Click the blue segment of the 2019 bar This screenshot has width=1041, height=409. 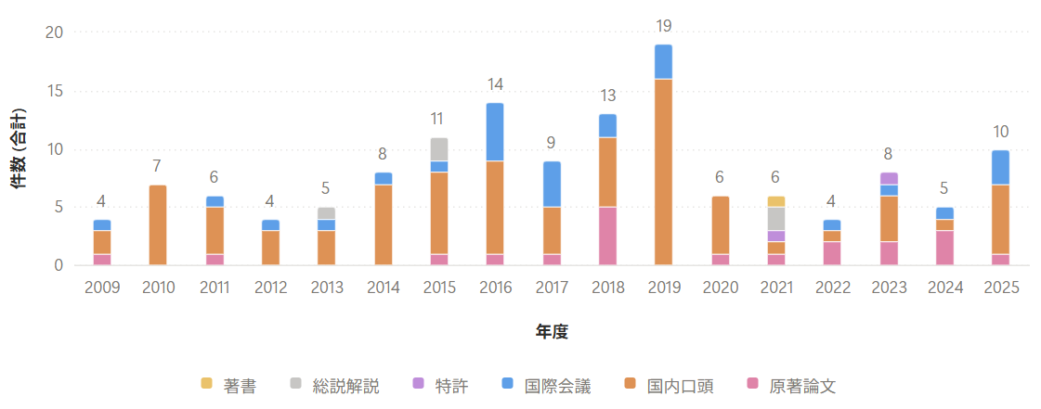point(664,61)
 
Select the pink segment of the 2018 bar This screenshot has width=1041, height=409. point(608,236)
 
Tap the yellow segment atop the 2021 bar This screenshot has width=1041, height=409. point(776,201)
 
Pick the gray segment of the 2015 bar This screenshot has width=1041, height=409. point(439,149)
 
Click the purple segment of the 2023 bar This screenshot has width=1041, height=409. point(889,178)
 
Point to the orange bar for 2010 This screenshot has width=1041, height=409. point(158,224)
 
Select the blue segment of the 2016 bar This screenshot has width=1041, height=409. point(495,132)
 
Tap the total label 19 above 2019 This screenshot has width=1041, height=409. point(664,26)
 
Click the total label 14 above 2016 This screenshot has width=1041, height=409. point(495,84)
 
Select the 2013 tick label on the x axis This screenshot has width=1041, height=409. point(327,288)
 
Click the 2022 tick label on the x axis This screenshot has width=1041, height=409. point(833,288)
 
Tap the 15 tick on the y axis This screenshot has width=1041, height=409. point(55,91)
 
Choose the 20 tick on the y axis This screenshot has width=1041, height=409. point(55,32)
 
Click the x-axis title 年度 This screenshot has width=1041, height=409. point(552,332)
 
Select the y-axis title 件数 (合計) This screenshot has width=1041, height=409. point(20,148)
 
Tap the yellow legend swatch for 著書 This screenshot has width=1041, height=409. point(206,383)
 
